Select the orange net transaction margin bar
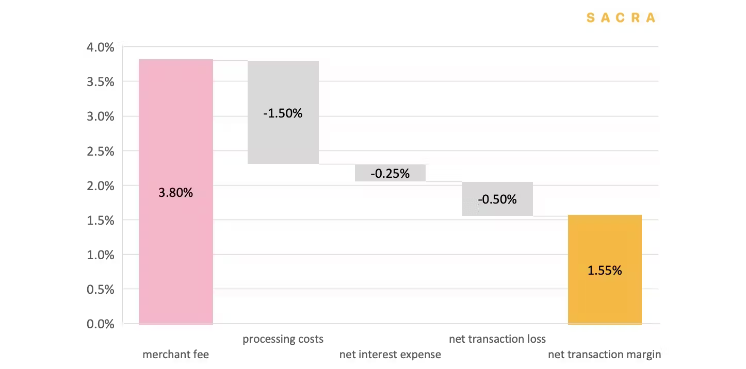(605, 299)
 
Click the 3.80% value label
(175, 193)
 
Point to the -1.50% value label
(283, 113)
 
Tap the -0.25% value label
(390, 174)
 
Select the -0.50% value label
(497, 199)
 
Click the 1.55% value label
(605, 270)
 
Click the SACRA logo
(621, 18)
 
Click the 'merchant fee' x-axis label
(175, 355)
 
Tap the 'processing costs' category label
(283, 339)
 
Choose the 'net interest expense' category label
(390, 355)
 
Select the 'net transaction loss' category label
(497, 339)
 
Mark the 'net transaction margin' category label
(604, 355)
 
